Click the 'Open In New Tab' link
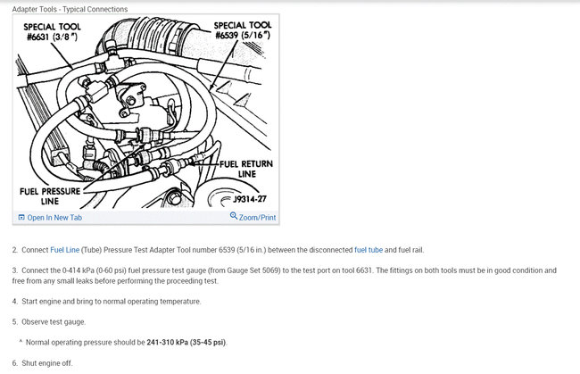coord(54,218)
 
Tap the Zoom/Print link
coord(257,218)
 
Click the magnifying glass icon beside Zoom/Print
coord(234,215)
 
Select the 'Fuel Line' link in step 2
coord(65,250)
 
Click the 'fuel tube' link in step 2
coord(369,250)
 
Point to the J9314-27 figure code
coord(250,199)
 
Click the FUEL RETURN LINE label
coord(246,169)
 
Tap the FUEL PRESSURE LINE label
coord(50,196)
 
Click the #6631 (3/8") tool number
coord(52,37)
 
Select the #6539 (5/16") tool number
coord(243,35)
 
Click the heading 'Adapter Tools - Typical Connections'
coord(70,9)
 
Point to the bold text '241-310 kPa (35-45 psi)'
coord(186,342)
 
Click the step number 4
coord(15,301)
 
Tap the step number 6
coord(15,363)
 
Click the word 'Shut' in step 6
coord(29,363)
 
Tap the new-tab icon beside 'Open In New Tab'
coord(21,218)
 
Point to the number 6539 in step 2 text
coord(227,250)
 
